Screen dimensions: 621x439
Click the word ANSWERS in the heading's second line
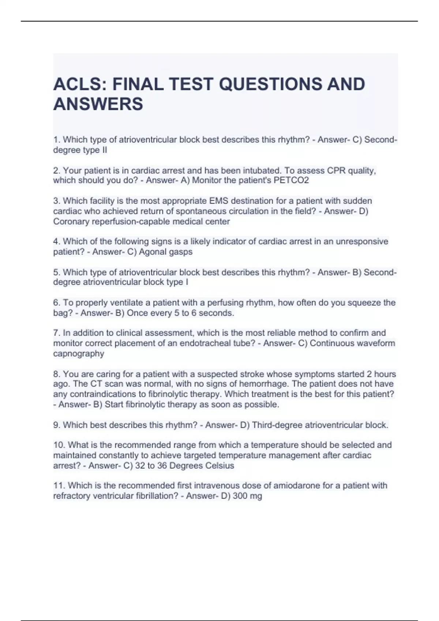pos(98,104)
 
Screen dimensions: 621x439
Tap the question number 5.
pos(56,273)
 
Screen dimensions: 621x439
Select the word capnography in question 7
pos(79,354)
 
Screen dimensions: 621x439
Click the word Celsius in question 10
pos(219,466)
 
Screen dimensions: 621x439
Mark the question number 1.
pos(56,140)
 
